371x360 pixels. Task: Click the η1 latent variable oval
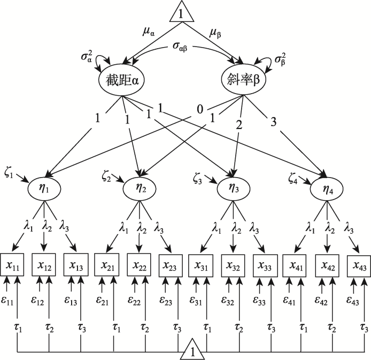point(46,188)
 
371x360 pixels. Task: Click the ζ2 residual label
point(107,175)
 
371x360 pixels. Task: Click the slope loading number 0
point(199,110)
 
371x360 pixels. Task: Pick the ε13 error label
point(71,301)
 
